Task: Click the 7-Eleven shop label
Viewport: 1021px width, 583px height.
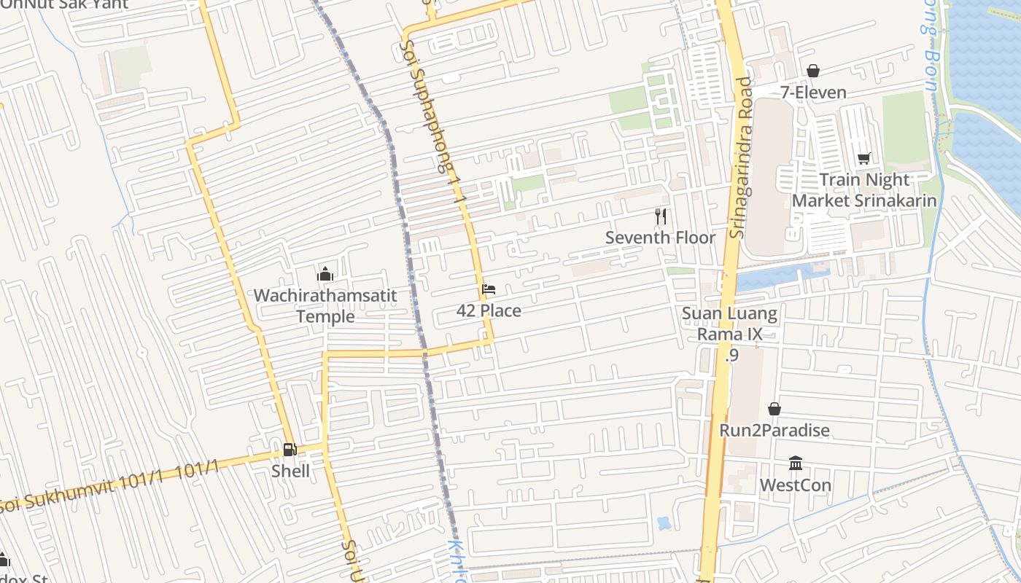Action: [x=813, y=93]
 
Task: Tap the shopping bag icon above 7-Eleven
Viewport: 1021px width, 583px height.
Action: [x=813, y=71]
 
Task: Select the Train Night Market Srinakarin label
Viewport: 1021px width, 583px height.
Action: [x=864, y=190]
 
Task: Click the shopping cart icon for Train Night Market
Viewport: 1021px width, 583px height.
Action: [x=864, y=158]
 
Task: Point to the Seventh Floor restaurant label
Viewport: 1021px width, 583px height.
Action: [x=661, y=238]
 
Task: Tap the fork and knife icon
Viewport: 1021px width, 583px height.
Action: [x=661, y=216]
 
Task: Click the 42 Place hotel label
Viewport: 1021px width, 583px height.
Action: [x=489, y=311]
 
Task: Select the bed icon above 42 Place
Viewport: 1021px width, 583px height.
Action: [x=489, y=289]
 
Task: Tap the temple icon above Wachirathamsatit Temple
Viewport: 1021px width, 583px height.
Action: [x=325, y=274]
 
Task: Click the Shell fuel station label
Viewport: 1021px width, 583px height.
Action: [x=290, y=472]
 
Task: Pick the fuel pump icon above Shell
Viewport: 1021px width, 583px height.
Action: [x=290, y=449]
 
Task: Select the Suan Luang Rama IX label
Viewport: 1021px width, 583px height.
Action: [x=729, y=324]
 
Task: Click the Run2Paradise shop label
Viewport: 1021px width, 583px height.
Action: [x=775, y=431]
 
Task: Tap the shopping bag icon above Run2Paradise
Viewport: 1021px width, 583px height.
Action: [x=775, y=409]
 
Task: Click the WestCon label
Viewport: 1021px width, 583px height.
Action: [x=796, y=485]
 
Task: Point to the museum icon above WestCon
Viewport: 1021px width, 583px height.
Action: [x=796, y=463]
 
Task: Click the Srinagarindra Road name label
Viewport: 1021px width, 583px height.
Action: [x=739, y=157]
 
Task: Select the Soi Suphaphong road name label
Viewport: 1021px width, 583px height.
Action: [x=430, y=109]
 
